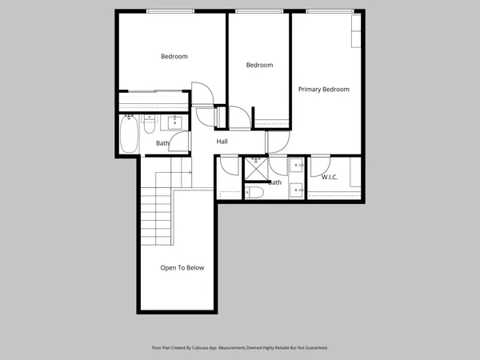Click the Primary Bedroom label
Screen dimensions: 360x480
point(324,90)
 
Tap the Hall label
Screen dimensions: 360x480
point(222,142)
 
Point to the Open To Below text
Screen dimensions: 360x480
point(182,268)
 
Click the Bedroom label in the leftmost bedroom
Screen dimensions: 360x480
point(174,56)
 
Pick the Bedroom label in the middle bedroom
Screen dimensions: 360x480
point(259,66)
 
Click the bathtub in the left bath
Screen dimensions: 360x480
point(128,134)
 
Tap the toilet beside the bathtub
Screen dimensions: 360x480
point(149,125)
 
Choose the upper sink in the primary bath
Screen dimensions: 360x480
point(296,166)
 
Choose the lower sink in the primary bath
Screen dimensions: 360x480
point(296,190)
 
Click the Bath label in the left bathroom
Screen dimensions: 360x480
point(162,144)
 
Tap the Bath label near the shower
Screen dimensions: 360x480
point(275,182)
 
